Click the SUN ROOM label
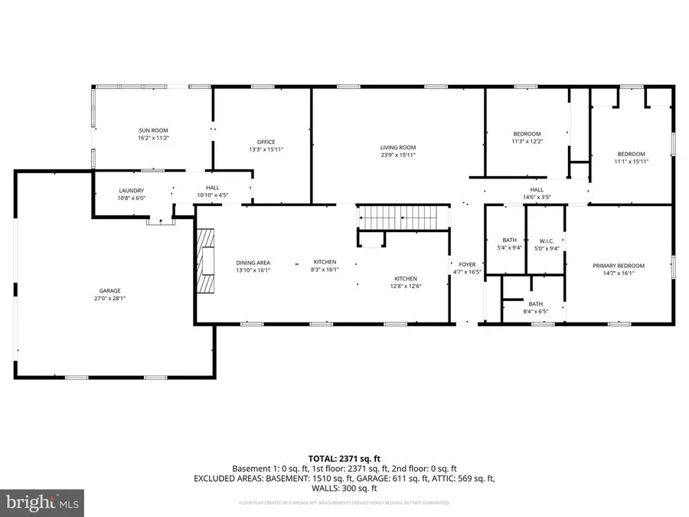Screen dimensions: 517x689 pos(152,130)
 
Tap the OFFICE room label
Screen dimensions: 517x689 pos(266,142)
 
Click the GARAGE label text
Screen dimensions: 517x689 pos(109,290)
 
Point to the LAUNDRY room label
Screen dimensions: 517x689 pos(131,191)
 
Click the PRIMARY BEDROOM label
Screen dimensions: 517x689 pos(619,266)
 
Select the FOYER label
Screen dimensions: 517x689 pos(466,264)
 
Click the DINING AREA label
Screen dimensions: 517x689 pos(252,262)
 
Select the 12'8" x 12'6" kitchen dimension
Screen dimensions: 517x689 pos(406,286)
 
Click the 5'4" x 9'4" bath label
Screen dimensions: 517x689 pos(509,247)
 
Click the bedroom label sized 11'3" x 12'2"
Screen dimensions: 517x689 pos(526,142)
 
